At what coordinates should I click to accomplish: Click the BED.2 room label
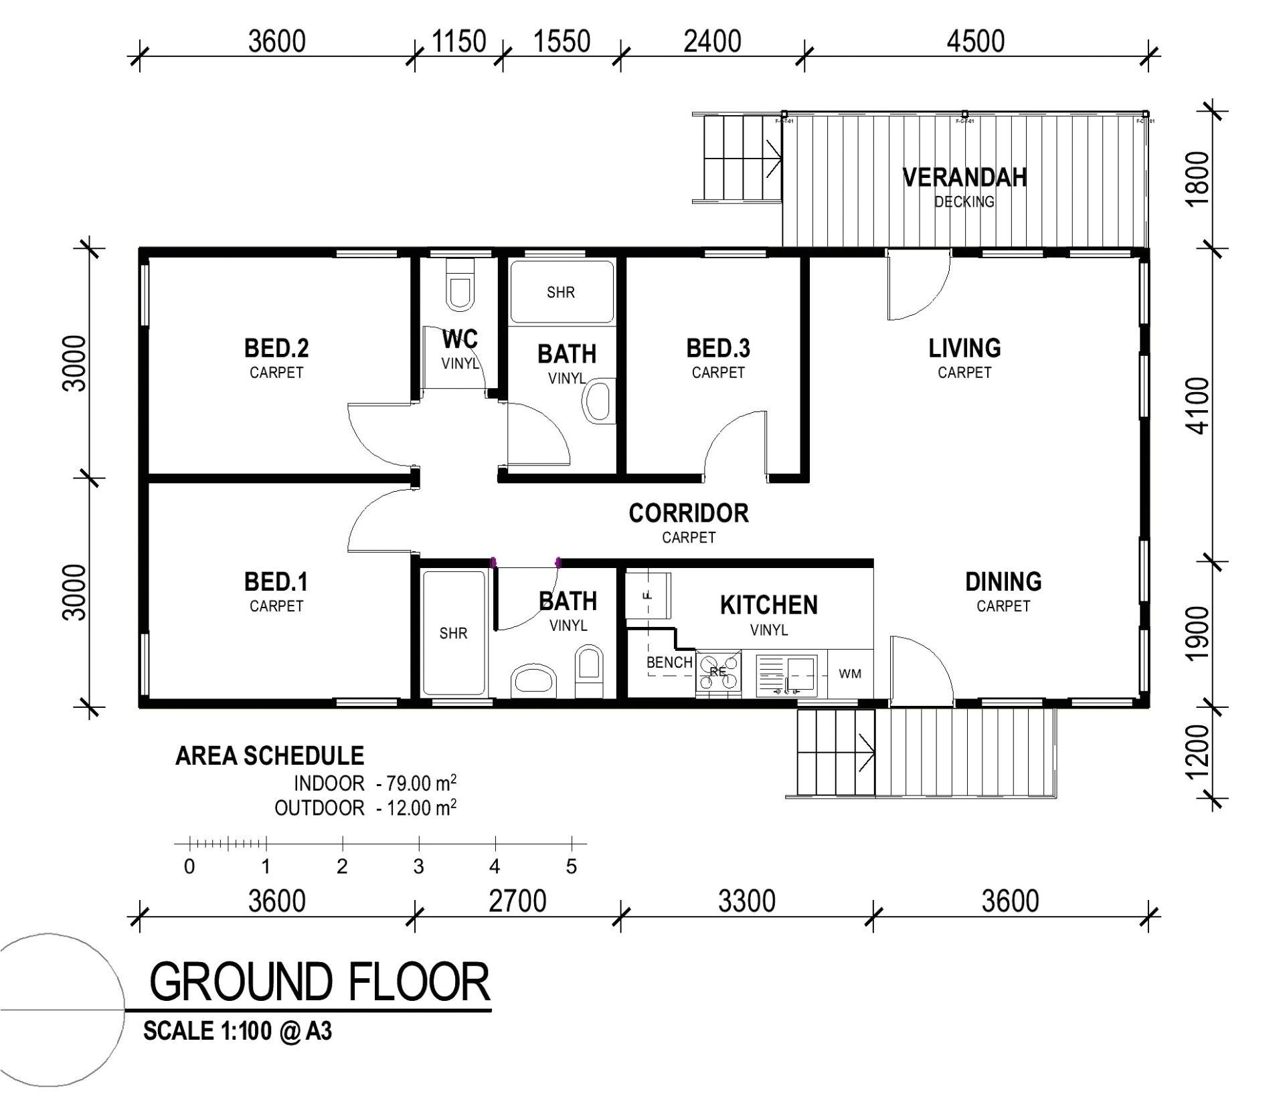(x=276, y=349)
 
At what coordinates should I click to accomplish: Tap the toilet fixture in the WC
(x=460, y=284)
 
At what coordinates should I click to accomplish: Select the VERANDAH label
(x=964, y=177)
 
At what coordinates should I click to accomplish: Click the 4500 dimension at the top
(x=975, y=41)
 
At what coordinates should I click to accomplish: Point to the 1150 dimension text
(x=458, y=41)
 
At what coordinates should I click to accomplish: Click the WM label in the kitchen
(x=850, y=674)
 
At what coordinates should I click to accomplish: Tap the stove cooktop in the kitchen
(x=719, y=671)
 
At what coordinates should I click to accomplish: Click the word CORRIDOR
(x=688, y=513)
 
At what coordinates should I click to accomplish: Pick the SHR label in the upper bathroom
(x=560, y=292)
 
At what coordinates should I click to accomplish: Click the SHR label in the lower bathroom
(x=453, y=633)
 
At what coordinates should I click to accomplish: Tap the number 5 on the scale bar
(x=571, y=867)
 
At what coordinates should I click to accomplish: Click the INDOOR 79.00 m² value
(x=416, y=783)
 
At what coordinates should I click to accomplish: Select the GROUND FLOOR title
(x=319, y=982)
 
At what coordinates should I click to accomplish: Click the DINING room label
(x=1003, y=581)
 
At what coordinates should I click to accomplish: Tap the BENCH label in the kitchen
(x=669, y=662)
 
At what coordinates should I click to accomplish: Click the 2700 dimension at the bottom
(x=517, y=901)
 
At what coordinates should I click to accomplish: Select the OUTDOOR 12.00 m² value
(x=416, y=808)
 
